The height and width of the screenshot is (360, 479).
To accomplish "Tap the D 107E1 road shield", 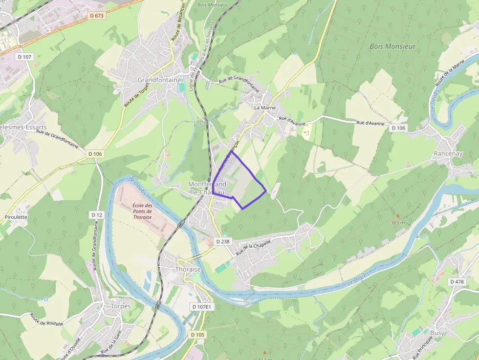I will coord(202,306).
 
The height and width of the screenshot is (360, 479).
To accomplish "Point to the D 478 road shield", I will coord(457,282).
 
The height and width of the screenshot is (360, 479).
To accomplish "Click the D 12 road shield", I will coord(97,215).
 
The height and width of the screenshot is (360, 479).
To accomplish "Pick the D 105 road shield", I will coord(197,335).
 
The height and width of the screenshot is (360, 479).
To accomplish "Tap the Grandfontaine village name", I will coord(159,80).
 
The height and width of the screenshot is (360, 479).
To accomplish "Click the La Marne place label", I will coord(265,107).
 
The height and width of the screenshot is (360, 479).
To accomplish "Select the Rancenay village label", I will coord(448,153).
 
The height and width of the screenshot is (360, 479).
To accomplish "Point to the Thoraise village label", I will coord(188,270).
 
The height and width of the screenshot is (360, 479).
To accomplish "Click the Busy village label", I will coord(437,333).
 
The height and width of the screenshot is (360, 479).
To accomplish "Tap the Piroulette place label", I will coord(16,217).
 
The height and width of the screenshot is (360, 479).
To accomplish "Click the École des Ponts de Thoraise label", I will coord(142,212).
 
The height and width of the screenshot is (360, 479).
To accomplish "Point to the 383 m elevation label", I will coord(398,223).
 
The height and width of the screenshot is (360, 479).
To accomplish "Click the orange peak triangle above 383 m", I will coord(398,215).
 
